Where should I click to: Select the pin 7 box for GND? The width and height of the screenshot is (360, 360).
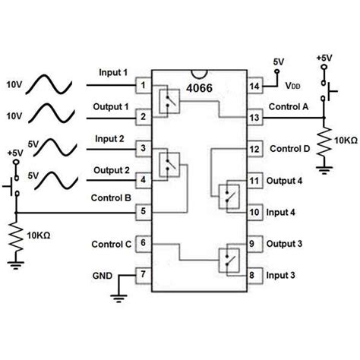(142, 273)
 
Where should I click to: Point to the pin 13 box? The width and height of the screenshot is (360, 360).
(254, 118)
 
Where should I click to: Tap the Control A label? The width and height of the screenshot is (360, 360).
(289, 108)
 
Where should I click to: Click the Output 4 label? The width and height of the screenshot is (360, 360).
(287, 181)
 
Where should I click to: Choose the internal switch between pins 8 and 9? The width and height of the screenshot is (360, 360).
(228, 259)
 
